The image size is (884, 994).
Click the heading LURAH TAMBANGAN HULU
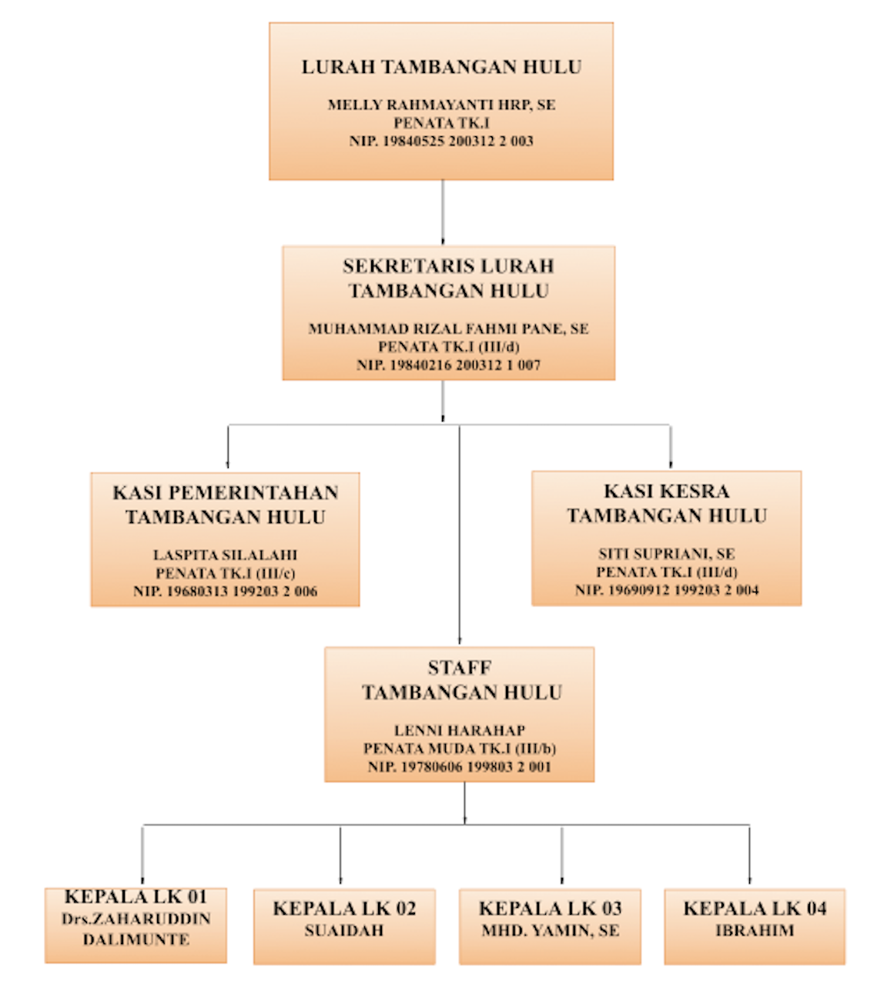pyautogui.click(x=441, y=68)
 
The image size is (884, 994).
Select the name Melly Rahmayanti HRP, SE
pyautogui.click(x=441, y=105)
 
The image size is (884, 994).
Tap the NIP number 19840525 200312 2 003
pyautogui.click(x=441, y=141)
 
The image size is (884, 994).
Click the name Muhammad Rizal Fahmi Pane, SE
pyautogui.click(x=448, y=329)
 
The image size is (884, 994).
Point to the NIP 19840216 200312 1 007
pyautogui.click(x=448, y=365)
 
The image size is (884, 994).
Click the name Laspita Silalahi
pyautogui.click(x=225, y=555)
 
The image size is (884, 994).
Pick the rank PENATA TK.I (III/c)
pyautogui.click(x=225, y=573)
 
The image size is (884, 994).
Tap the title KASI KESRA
pyautogui.click(x=666, y=491)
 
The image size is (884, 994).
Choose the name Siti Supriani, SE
pyautogui.click(x=666, y=553)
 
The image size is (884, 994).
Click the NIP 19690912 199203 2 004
pyautogui.click(x=666, y=590)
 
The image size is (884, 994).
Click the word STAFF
pyautogui.click(x=460, y=668)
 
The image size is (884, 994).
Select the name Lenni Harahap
pyautogui.click(x=460, y=730)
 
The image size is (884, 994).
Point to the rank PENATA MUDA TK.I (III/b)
pyautogui.click(x=460, y=748)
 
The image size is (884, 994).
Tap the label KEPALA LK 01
pyautogui.click(x=136, y=897)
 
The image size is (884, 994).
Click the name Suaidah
pyautogui.click(x=344, y=930)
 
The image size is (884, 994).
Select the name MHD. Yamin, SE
pyautogui.click(x=550, y=930)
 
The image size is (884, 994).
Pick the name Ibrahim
pyautogui.click(x=755, y=930)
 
